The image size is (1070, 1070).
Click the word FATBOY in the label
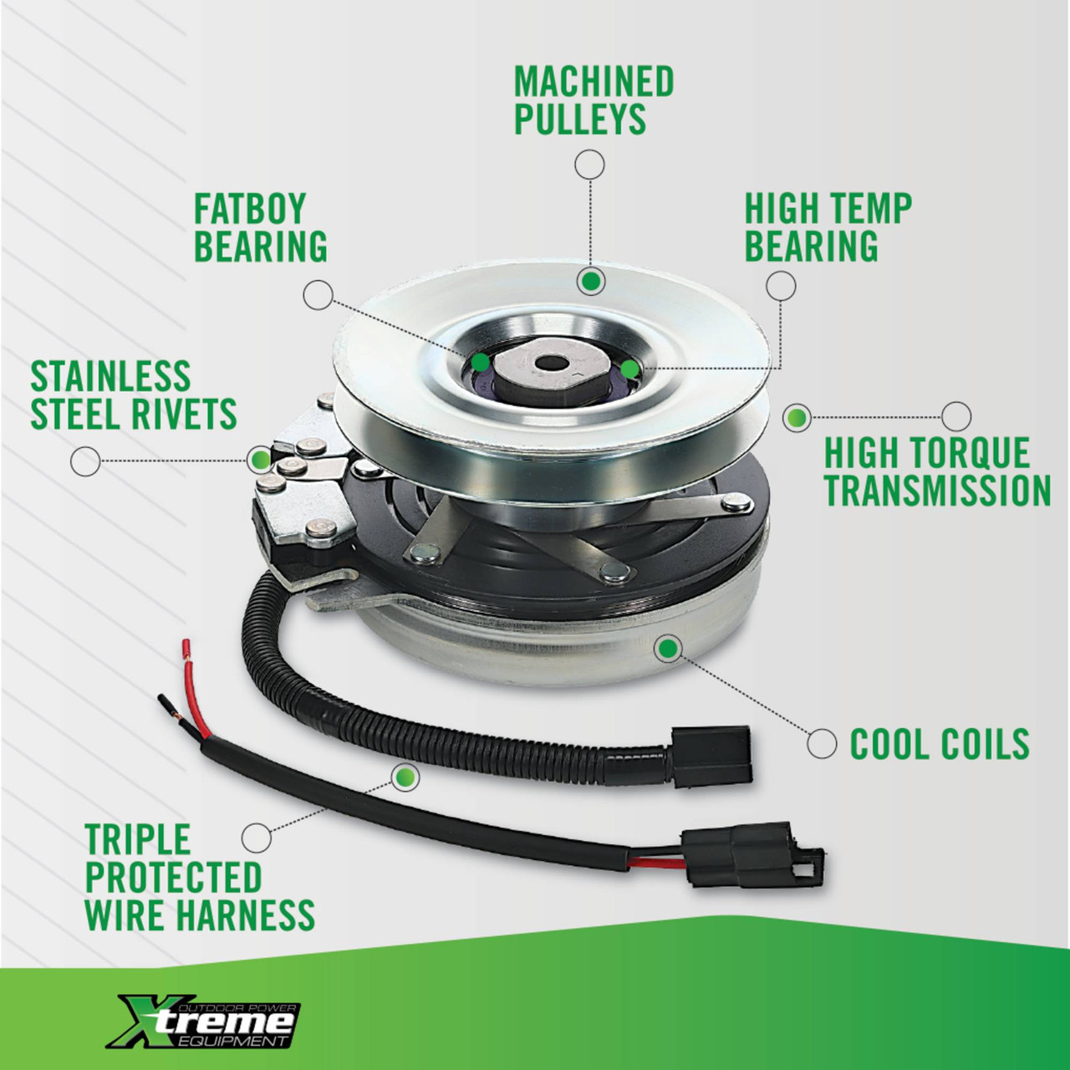(x=250, y=209)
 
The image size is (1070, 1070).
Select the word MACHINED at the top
(x=594, y=81)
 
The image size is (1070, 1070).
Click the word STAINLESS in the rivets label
(x=110, y=376)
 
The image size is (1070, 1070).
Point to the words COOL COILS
(x=940, y=744)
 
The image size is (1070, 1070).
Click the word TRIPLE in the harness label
(x=138, y=839)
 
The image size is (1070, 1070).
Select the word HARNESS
(x=249, y=915)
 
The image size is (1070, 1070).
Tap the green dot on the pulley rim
(x=591, y=282)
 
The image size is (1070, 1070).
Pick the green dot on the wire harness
(x=405, y=777)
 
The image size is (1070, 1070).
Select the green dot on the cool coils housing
(x=668, y=648)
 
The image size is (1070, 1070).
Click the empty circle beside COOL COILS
(x=822, y=743)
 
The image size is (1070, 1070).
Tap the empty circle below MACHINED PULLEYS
(x=589, y=165)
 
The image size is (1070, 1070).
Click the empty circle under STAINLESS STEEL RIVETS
(x=85, y=461)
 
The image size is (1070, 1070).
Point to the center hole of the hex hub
(x=551, y=364)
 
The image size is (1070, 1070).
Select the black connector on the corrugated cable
(x=712, y=757)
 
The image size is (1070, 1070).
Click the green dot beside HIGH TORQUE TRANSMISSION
(x=797, y=416)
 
